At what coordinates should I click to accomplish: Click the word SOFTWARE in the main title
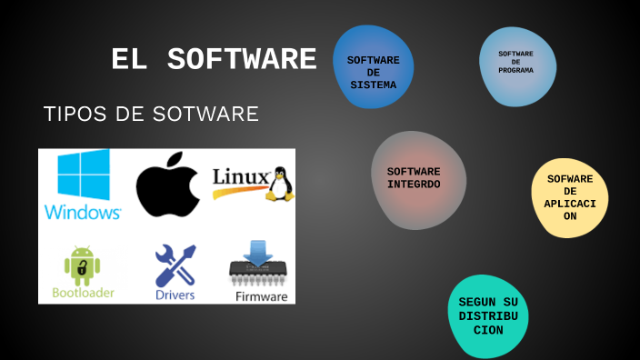click(x=243, y=60)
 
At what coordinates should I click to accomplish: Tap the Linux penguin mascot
click(x=279, y=183)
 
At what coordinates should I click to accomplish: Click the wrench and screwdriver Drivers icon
click(x=175, y=265)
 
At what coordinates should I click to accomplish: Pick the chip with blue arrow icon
click(x=257, y=265)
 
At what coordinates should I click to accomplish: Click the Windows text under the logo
click(x=83, y=213)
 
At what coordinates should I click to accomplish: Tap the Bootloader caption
click(x=83, y=294)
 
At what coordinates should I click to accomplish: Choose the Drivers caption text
click(x=175, y=295)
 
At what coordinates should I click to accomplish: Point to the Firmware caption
click(x=262, y=296)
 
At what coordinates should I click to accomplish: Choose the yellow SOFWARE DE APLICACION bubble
click(x=570, y=197)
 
